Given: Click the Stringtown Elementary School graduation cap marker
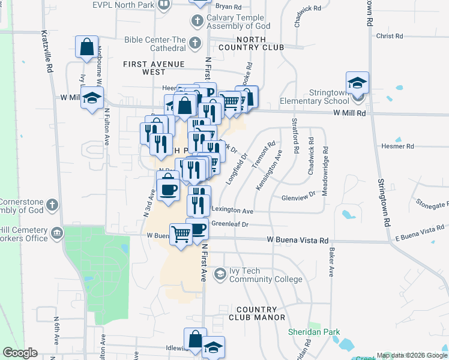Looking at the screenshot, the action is tap(357, 82).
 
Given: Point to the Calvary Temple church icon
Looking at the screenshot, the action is tap(196, 22).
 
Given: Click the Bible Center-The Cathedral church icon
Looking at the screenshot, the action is tap(194, 43).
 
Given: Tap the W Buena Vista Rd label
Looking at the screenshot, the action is tap(298, 241).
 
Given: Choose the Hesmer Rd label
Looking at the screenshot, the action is tap(397, 146).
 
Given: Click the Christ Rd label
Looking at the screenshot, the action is tap(390, 36).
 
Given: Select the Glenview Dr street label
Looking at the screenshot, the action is tap(298, 196).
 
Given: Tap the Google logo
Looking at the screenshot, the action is tap(20, 353).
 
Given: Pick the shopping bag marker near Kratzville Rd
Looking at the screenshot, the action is tap(87, 47).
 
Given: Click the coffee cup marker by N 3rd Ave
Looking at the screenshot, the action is tap(168, 189).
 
